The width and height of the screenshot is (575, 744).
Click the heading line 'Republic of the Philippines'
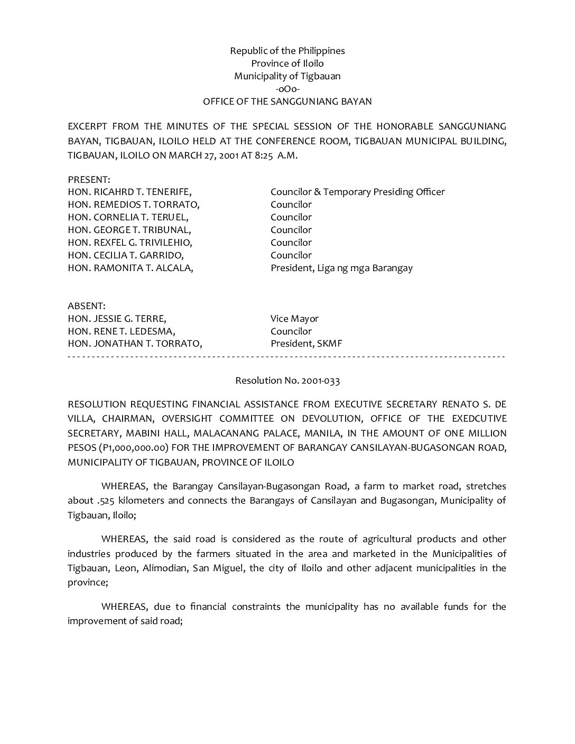287,51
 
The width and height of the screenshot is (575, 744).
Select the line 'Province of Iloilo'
287,63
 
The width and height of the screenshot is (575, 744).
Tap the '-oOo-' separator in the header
287,89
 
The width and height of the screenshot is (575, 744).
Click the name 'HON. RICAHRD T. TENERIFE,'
129,192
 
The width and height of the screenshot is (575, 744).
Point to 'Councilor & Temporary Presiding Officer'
357,192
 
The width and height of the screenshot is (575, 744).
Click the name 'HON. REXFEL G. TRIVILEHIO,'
129,243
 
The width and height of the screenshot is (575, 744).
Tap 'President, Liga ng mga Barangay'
341,268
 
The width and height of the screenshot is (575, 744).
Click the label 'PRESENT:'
89,180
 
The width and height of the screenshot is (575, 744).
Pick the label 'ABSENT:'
87,306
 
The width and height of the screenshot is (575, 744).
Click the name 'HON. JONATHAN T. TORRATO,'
135,344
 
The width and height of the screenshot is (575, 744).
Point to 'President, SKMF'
307,344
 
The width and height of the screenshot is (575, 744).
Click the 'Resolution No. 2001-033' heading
287,380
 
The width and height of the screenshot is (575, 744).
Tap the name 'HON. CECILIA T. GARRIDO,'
126,255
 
